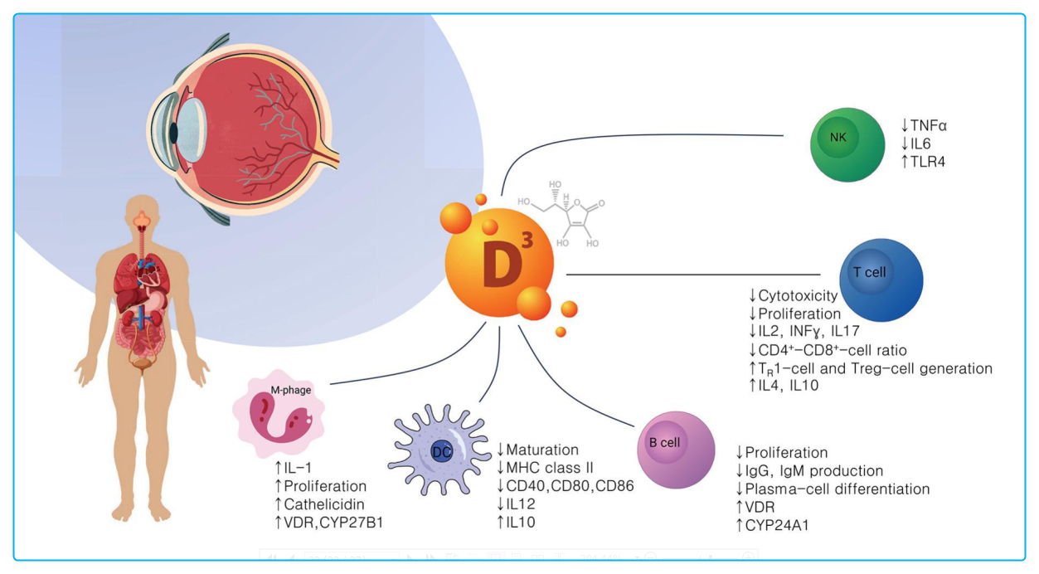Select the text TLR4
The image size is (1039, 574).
pos(928,161)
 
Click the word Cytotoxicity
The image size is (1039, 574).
pos(798,296)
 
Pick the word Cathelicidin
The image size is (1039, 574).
pos(324,503)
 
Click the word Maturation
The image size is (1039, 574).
pos(542,450)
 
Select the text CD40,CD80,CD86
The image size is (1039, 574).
pos(570,486)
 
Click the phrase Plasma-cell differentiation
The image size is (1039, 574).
pos(837,489)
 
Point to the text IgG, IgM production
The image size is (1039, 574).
pos(813,471)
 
